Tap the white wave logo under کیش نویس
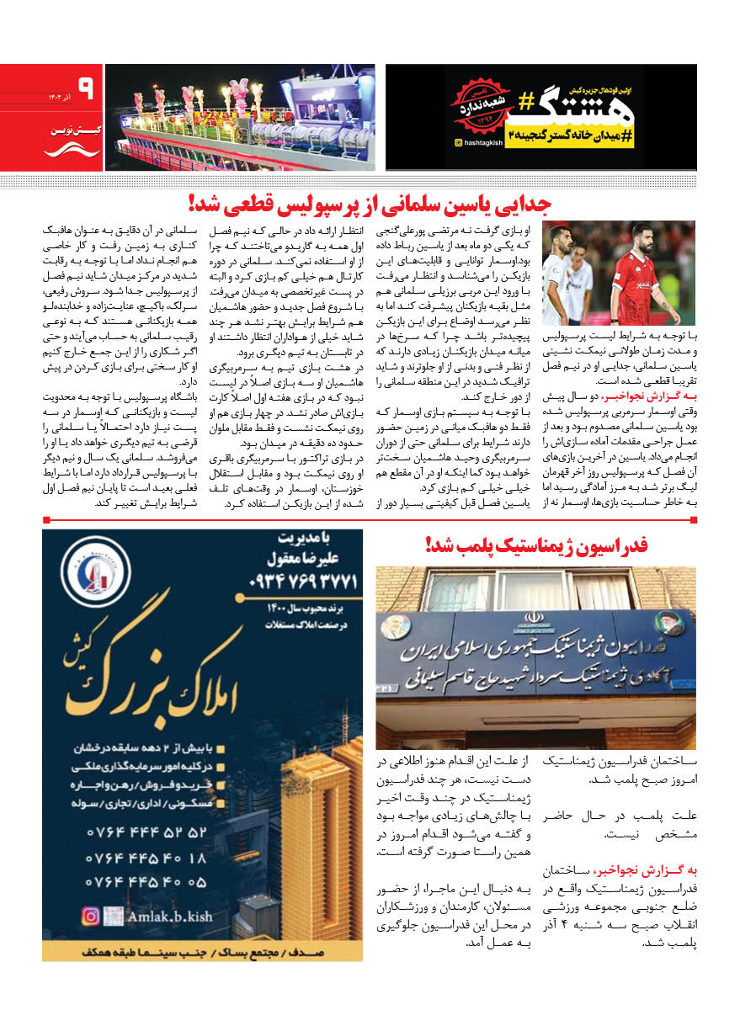coord(60,150)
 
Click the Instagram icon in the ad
coord(90,916)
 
